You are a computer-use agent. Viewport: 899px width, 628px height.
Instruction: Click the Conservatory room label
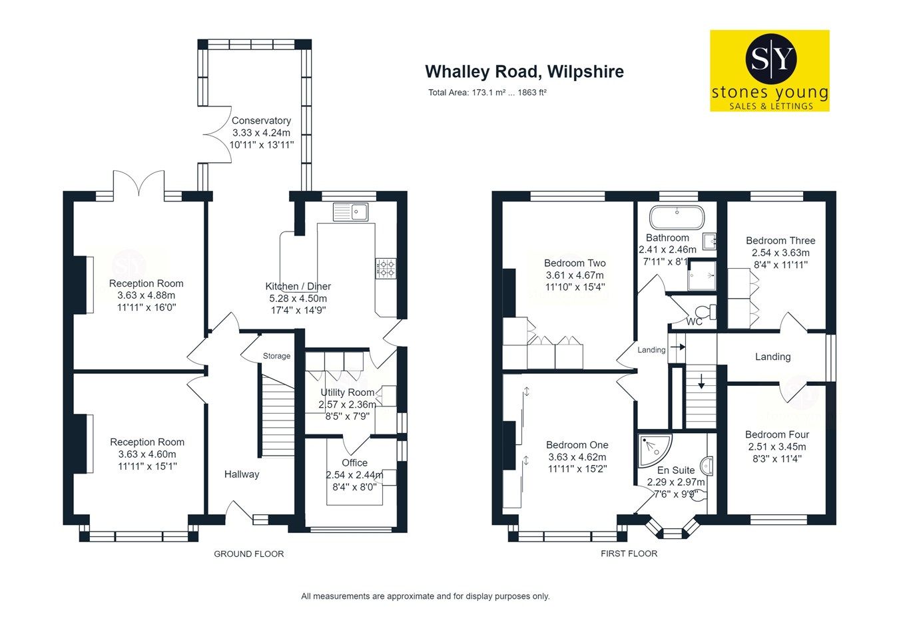click(x=261, y=121)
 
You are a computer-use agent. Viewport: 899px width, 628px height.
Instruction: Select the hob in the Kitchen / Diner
click(x=386, y=268)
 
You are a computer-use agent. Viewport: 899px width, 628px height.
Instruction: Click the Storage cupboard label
click(x=276, y=356)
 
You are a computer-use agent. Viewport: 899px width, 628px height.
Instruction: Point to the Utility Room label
click(x=347, y=392)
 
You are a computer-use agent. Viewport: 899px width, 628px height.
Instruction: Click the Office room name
click(x=354, y=462)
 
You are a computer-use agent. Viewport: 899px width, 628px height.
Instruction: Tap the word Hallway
click(x=241, y=474)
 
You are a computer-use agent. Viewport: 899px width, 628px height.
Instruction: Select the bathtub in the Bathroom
click(x=677, y=216)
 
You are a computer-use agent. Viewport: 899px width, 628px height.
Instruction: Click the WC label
click(x=695, y=322)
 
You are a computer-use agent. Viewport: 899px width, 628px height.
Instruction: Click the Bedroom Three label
click(x=780, y=241)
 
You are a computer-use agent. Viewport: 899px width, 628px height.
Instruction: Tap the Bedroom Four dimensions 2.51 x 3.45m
click(x=776, y=446)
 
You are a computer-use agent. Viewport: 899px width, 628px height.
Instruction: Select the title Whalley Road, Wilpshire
click(x=524, y=71)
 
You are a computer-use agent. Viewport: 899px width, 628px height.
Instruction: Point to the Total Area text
click(x=487, y=93)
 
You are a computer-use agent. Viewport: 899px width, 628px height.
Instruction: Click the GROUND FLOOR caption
click(x=248, y=554)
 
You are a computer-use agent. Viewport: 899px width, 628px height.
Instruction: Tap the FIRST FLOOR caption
click(x=629, y=553)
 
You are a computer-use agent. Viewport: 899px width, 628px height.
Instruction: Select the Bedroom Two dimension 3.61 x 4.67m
click(x=575, y=275)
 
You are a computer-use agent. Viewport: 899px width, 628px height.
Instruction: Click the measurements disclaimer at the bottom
click(x=425, y=596)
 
